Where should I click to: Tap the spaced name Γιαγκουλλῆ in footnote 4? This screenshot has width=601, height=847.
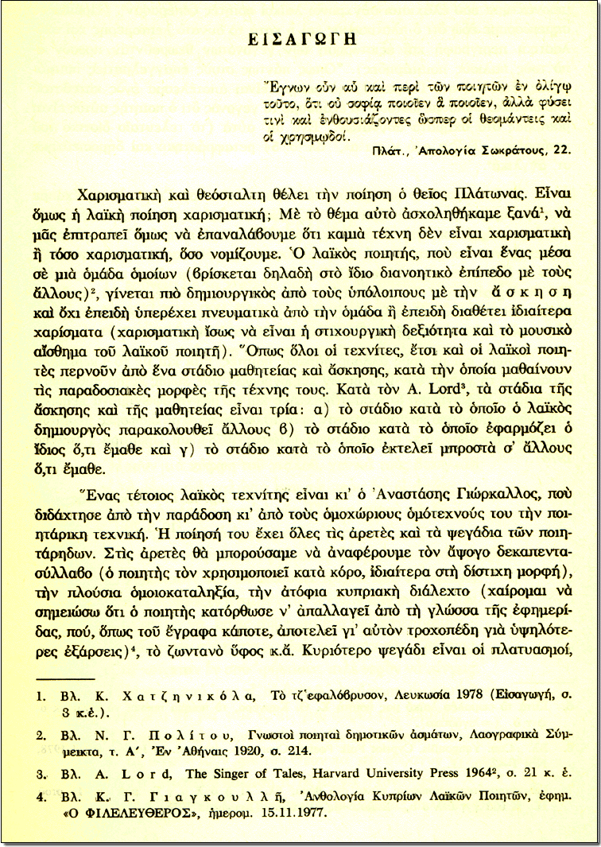point(185,799)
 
